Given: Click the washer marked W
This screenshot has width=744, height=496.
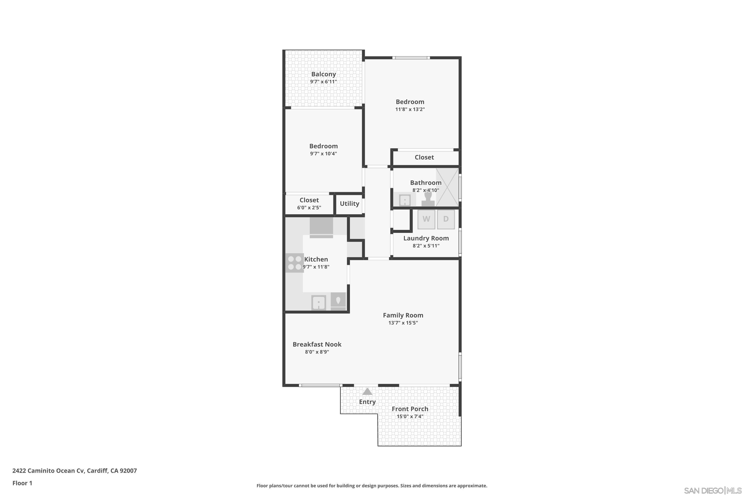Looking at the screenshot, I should pos(426,219).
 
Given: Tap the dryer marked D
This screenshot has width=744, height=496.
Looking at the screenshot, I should pos(446,219).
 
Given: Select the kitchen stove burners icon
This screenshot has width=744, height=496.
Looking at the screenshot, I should pos(295,263).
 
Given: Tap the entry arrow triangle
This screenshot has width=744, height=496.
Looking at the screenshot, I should pos(367,392).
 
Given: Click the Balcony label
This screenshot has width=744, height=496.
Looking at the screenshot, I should pos(323,74).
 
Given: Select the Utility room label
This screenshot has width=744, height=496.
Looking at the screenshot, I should pos(349,204).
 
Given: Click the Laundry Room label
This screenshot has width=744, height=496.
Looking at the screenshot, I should pos(426,238).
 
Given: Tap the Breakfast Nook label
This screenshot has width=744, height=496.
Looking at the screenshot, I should pos(317,344).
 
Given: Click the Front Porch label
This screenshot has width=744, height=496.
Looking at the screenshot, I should pos(410,409).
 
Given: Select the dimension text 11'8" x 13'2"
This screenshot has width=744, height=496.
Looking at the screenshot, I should pos(410,109).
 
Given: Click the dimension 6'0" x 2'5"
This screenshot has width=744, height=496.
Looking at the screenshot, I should pos(309,208).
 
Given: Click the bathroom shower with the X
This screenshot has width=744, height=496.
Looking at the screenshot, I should pos(447,187).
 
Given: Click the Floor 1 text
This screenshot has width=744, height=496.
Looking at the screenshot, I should pos(22,483).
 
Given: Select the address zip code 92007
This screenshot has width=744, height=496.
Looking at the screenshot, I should pos(128,470).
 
